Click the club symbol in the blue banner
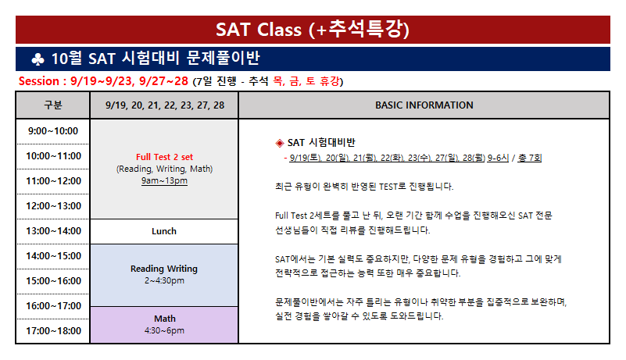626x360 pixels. click(x=38, y=59)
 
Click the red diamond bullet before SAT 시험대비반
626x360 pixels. click(x=280, y=143)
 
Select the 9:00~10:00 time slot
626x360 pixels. click(x=53, y=131)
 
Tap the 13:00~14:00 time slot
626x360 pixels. click(x=53, y=231)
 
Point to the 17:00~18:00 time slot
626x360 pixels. click(x=53, y=331)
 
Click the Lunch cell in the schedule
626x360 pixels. click(x=164, y=231)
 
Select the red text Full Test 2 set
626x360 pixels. click(x=164, y=157)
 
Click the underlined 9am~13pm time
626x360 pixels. click(x=164, y=181)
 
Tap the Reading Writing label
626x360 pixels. click(x=164, y=269)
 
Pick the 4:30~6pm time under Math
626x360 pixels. click(x=164, y=330)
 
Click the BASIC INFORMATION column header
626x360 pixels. click(x=424, y=105)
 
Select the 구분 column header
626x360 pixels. click(x=53, y=105)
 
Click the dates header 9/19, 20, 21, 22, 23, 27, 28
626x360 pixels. click(x=165, y=105)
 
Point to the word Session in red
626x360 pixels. click(x=39, y=81)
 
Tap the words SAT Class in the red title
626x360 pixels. click(x=259, y=30)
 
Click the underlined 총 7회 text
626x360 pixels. click(x=530, y=158)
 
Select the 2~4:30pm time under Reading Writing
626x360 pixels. click(x=164, y=280)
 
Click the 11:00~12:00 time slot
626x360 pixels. click(x=53, y=181)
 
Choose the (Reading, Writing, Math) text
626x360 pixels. click(x=164, y=169)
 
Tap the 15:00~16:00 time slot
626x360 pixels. click(x=53, y=281)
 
